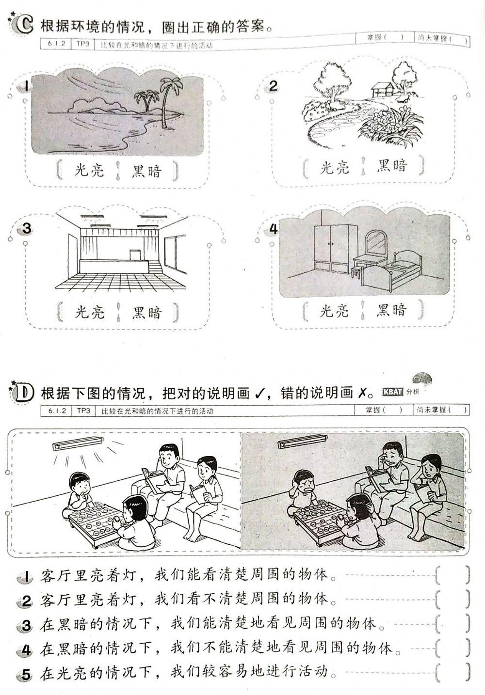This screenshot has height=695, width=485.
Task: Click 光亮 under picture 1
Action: coord(89,170)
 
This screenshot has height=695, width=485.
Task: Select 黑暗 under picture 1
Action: coord(147,170)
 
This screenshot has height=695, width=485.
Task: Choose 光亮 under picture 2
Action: coord(334,167)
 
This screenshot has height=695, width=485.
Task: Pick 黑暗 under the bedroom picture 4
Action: coord(391,310)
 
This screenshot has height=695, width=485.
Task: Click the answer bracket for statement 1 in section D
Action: coord(453,575)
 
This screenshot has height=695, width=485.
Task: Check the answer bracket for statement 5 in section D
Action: coord(453,671)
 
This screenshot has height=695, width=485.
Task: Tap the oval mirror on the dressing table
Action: coord(375,242)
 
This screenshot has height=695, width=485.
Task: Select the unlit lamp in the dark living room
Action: coord(302,443)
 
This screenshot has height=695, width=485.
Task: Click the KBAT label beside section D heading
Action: coord(393,392)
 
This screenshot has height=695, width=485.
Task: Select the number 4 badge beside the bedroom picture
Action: coord(274,229)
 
